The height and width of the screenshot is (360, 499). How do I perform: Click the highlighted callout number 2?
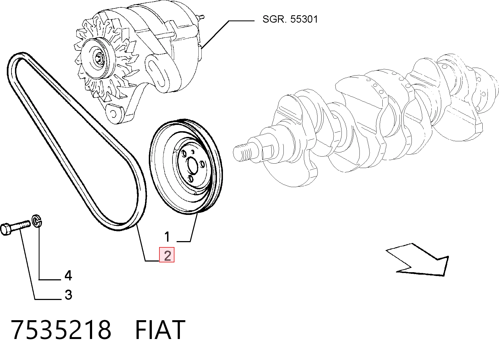(x=167, y=255)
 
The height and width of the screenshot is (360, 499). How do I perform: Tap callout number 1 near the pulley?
(x=167, y=236)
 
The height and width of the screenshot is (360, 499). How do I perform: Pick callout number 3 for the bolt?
(x=68, y=295)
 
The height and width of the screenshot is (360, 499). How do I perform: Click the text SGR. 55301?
(x=290, y=19)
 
